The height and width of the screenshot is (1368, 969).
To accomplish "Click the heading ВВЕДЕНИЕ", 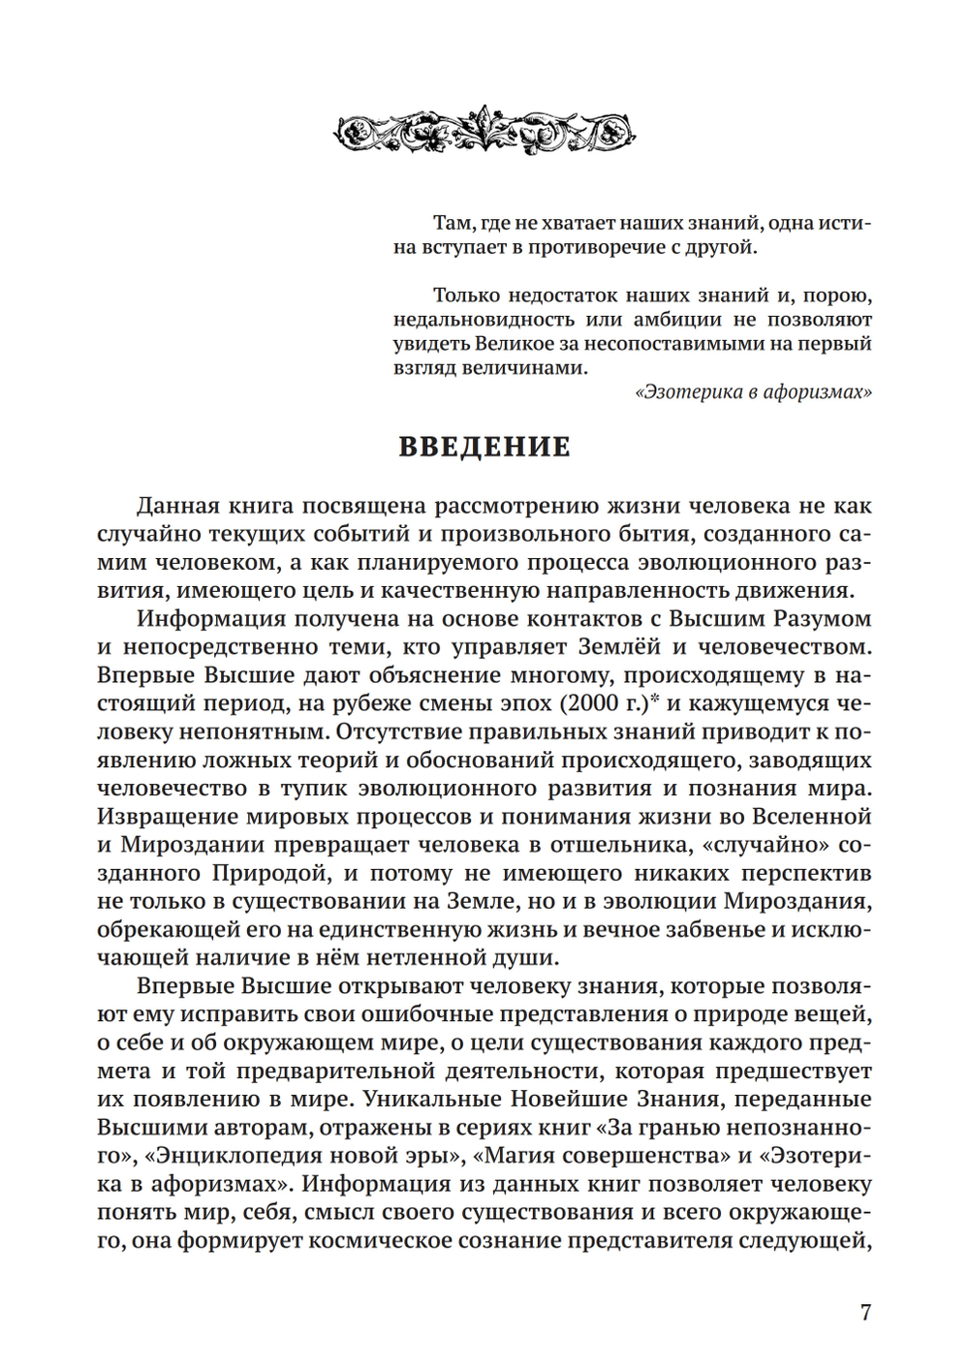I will [x=484, y=447].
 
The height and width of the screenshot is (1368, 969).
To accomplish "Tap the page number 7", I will [x=865, y=1313].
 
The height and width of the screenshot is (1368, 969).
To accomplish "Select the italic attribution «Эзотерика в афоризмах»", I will [x=753, y=392].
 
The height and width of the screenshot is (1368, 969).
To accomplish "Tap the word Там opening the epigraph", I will [x=453, y=224].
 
